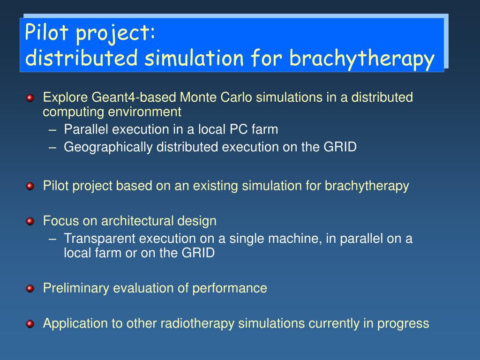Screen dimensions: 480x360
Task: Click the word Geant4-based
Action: (134, 97)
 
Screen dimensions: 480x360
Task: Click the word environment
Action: (142, 112)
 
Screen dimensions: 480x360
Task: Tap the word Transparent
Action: (99, 239)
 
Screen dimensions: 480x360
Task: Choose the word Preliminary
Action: (76, 288)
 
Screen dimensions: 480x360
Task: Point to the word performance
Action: (230, 288)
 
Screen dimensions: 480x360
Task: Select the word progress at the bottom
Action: (403, 324)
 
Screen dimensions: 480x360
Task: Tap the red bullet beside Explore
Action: (30, 98)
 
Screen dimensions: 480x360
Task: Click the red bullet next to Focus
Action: (30, 221)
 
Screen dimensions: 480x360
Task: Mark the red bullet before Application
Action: (30, 324)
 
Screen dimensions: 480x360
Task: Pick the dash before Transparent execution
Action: (52, 239)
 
